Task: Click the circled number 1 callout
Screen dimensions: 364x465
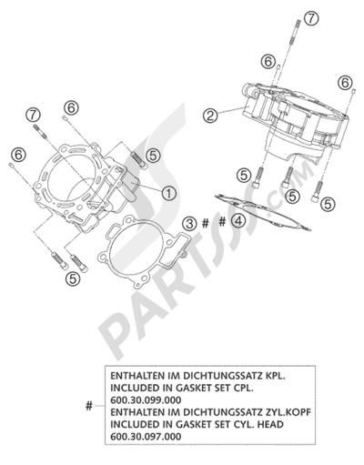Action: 169,193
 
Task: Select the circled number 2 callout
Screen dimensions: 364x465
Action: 210,116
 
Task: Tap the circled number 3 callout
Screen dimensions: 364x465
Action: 190,224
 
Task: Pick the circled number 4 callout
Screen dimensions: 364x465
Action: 238,221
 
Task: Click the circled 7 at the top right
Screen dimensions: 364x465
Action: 311,18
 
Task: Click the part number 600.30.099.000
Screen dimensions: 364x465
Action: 146,400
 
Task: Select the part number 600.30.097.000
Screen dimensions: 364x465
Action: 146,437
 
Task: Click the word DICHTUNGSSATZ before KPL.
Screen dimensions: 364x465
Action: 222,376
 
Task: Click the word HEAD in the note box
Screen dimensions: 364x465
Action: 270,424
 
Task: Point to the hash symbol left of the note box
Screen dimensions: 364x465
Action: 88,406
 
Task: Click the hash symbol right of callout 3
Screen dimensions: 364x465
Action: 206,224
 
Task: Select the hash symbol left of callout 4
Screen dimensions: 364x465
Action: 223,222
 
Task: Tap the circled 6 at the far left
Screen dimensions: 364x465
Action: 19,155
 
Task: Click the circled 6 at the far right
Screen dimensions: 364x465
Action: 345,83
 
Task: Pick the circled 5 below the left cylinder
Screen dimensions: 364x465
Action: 73,278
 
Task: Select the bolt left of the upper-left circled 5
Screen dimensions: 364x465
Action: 139,160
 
